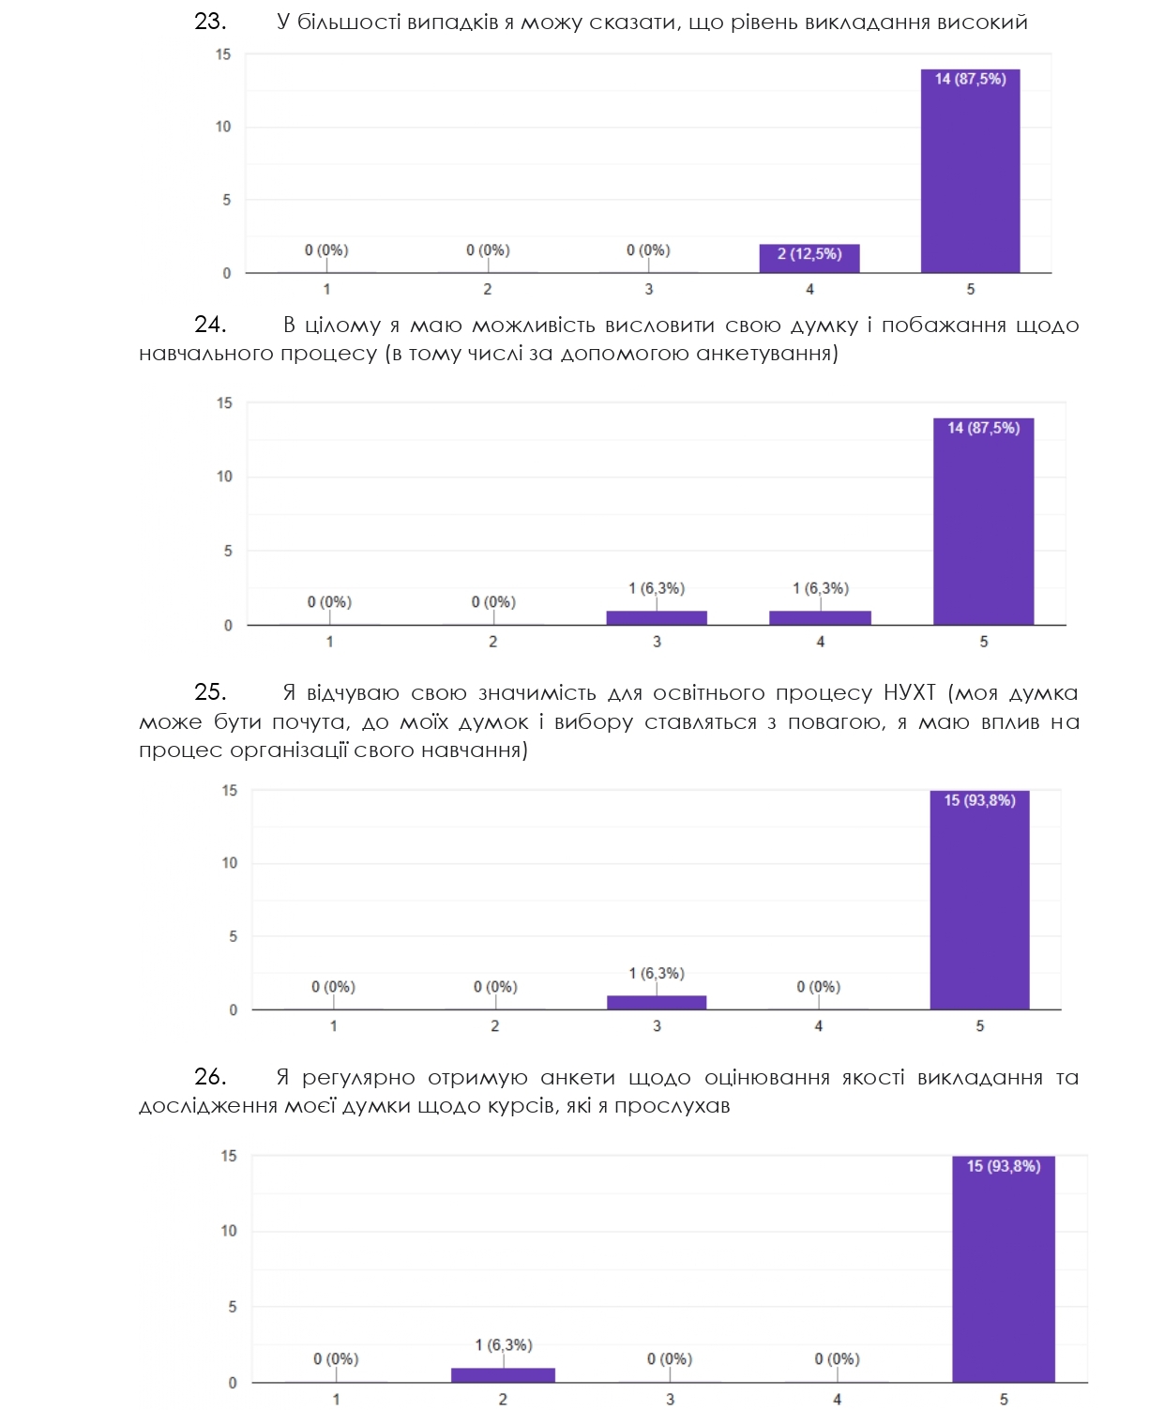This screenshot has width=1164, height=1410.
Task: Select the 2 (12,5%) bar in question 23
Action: tap(809, 257)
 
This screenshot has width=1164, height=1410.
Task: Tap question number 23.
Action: tap(210, 22)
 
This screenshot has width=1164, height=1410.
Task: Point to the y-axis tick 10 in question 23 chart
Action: tap(223, 127)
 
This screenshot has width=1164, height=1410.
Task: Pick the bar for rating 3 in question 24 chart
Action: tap(657, 617)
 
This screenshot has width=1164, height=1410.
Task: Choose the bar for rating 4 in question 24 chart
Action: tap(820, 617)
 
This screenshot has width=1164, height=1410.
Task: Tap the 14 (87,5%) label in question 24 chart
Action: tap(983, 428)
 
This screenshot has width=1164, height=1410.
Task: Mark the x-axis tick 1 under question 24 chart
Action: tap(329, 642)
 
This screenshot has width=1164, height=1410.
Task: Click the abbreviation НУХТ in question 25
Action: tap(909, 693)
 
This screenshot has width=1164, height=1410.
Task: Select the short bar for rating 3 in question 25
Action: tap(657, 1002)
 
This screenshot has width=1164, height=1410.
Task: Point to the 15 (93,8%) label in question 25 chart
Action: tap(979, 800)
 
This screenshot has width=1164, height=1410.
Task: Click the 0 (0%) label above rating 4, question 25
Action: tap(818, 987)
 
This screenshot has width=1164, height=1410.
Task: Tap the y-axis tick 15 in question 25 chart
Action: tap(230, 791)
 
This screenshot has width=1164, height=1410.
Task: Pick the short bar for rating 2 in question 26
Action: tap(503, 1374)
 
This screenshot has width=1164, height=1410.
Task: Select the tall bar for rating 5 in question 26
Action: tap(1004, 1276)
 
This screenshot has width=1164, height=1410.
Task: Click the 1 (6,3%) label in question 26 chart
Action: tap(503, 1345)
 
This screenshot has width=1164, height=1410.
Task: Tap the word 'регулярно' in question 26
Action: tap(358, 1078)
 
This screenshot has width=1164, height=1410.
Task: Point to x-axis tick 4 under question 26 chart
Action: tap(837, 1399)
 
